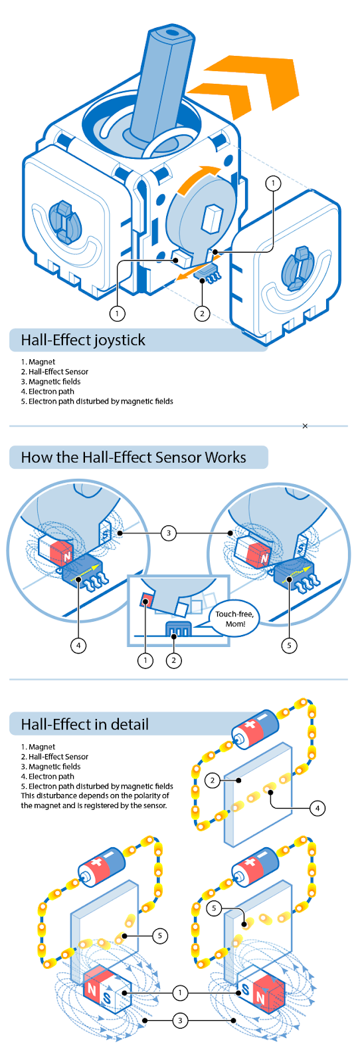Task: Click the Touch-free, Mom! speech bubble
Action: [234, 618]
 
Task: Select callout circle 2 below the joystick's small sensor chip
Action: [202, 313]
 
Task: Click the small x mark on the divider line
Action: [305, 426]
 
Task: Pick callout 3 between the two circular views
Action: [169, 533]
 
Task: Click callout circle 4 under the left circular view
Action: [78, 645]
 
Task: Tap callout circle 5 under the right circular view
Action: [290, 645]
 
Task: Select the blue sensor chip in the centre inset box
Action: [178, 628]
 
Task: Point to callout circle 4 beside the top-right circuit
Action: [317, 808]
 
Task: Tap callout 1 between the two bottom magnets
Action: [180, 993]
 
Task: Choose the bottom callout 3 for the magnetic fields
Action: [180, 1021]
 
